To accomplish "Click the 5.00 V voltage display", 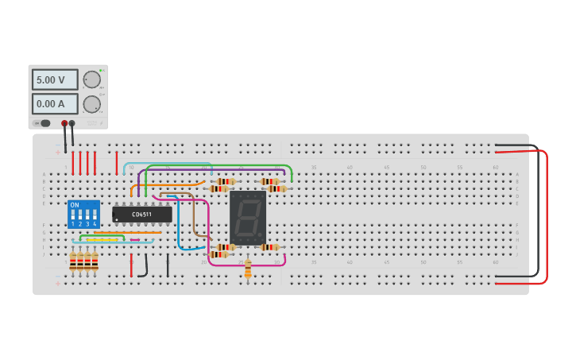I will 54,79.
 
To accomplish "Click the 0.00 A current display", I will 54,103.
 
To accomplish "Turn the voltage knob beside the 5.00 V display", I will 92,79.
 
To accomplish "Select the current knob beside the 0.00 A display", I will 92,104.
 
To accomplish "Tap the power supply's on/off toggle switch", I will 44,123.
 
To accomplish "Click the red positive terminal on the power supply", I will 64,123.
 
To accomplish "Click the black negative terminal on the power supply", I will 72,123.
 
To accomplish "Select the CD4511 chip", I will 142,214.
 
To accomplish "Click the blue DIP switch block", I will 83,215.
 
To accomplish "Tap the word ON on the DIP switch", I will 75,205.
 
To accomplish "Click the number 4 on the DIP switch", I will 95,224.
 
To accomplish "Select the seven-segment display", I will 247,218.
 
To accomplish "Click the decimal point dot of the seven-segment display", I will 261,238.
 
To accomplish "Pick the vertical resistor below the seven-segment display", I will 248,270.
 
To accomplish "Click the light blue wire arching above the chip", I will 167,164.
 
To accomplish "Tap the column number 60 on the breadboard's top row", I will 495,168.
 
